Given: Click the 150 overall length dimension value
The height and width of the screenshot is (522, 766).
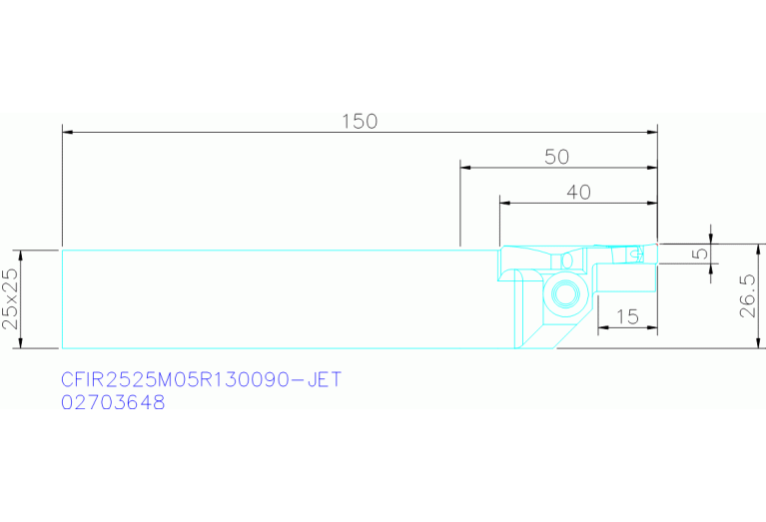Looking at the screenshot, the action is pos(360,122).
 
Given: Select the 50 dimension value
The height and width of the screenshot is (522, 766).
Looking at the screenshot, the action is pos(557,157).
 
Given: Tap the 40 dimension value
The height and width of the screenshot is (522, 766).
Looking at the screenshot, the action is pos(579,193).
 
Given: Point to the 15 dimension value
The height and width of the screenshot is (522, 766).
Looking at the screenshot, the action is pos(628,317).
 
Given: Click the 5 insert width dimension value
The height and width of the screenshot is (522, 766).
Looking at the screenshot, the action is pos(701,253).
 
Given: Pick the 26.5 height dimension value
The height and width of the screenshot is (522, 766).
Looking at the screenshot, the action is pos(747,295).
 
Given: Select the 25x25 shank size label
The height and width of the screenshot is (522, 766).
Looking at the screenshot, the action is pos(11,298).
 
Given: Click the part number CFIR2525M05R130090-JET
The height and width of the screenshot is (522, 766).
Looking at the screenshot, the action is pos(202,379).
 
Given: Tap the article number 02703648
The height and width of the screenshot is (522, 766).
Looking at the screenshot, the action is pos(113,403).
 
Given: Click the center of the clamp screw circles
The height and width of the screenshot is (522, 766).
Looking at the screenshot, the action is pos(565,294).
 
